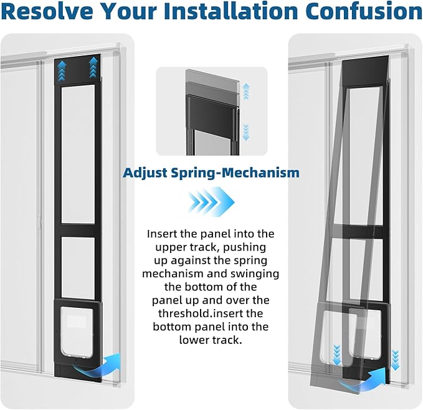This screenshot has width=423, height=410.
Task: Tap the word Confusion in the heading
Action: point(362,11)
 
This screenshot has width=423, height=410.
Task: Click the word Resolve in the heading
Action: point(50,11)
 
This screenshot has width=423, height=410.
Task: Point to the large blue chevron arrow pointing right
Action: point(211,202)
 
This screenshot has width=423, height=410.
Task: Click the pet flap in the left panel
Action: point(77,333)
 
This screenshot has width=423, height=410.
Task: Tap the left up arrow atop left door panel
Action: point(62,70)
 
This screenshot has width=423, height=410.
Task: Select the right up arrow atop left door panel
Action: point(93,67)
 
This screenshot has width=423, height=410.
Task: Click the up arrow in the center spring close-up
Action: point(245,92)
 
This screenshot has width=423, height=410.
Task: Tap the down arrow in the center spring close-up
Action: point(245,133)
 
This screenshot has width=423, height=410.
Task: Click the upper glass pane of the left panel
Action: point(78,155)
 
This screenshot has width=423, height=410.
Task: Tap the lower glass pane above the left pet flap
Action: point(78,267)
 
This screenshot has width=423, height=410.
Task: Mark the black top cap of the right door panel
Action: point(366,71)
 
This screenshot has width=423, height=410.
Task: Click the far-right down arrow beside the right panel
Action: point(395,360)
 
